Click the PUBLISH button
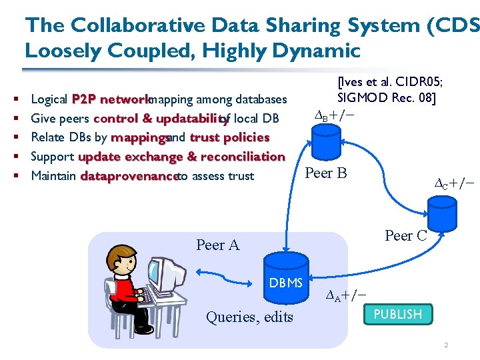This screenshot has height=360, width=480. (x=398, y=314)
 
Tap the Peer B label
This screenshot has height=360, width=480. (x=325, y=173)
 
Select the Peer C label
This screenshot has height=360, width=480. (x=406, y=235)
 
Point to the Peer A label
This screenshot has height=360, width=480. (x=217, y=245)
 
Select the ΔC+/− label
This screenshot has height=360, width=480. (x=454, y=183)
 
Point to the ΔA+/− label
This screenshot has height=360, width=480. (x=346, y=296)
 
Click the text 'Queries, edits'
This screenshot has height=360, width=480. (x=249, y=317)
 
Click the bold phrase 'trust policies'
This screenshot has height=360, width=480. (x=229, y=137)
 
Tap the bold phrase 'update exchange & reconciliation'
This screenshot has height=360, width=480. (x=181, y=157)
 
